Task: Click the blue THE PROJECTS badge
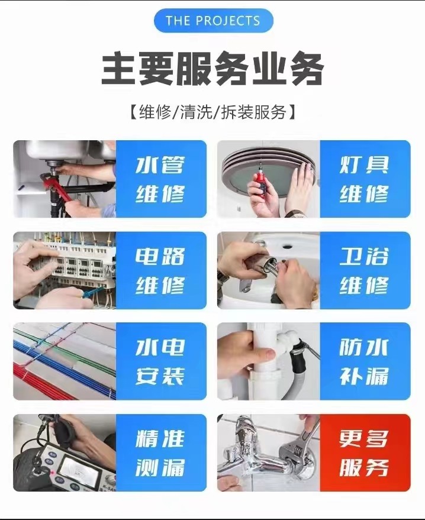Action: (213, 21)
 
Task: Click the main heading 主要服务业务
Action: (213, 70)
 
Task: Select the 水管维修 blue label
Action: (160, 179)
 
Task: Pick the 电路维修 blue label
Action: (160, 270)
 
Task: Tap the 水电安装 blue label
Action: (160, 361)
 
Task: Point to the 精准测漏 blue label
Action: (160, 453)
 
